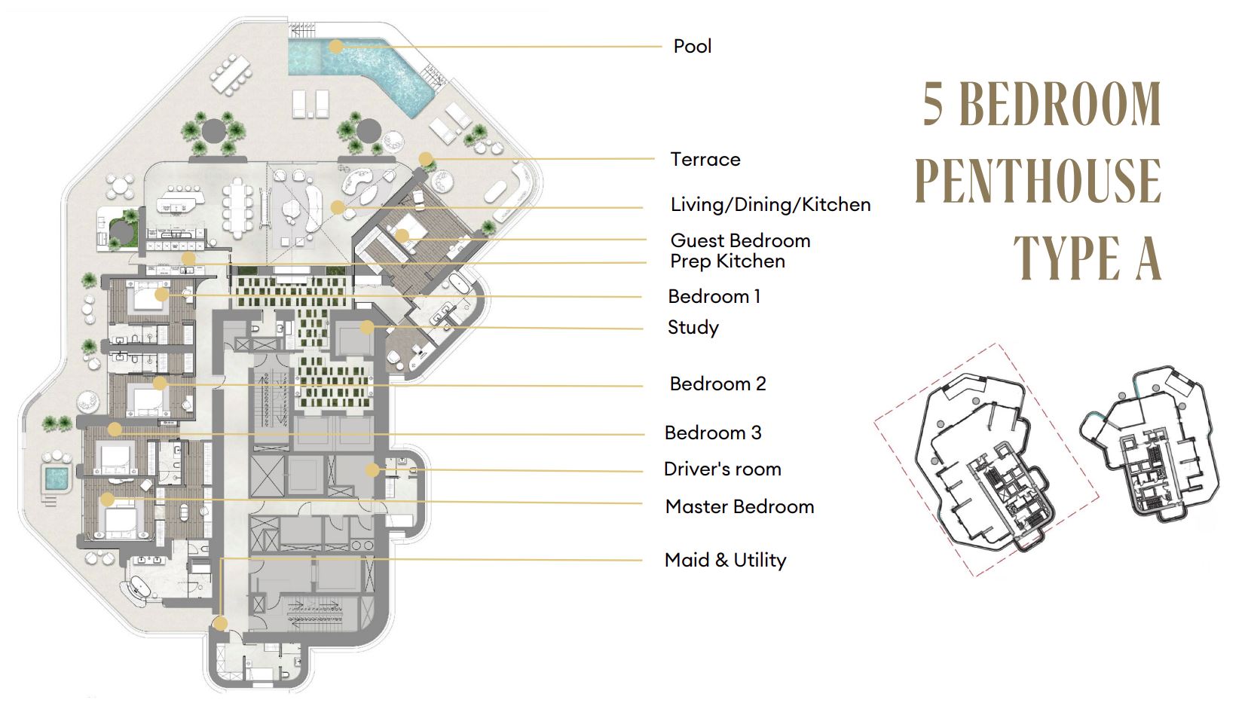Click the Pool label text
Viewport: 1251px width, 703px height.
pos(692,46)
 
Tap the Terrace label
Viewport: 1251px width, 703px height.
pos(705,159)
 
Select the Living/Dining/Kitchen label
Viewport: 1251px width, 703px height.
pos(770,204)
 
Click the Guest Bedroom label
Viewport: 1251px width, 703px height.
pos(740,240)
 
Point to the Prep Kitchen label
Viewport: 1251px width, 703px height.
pos(727,261)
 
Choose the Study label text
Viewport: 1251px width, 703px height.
pos(693,327)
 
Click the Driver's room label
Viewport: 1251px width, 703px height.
pos(722,469)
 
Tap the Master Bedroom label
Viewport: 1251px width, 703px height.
pos(739,506)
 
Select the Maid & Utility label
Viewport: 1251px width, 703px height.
pos(725,560)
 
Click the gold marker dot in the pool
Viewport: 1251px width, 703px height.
pos(336,47)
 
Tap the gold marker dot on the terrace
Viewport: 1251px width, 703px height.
pos(426,159)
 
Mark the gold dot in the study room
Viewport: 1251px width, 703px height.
pos(367,327)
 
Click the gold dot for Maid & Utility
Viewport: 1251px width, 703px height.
pos(220,623)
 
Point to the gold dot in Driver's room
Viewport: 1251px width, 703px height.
pos(372,470)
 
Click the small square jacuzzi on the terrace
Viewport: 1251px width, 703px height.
pos(56,477)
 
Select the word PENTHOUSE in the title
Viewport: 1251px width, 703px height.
pos(1038,181)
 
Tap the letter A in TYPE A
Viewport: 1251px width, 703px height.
pos(1147,258)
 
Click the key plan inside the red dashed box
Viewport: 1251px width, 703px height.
pos(986,461)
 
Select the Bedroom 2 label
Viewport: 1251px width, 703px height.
pos(717,384)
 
